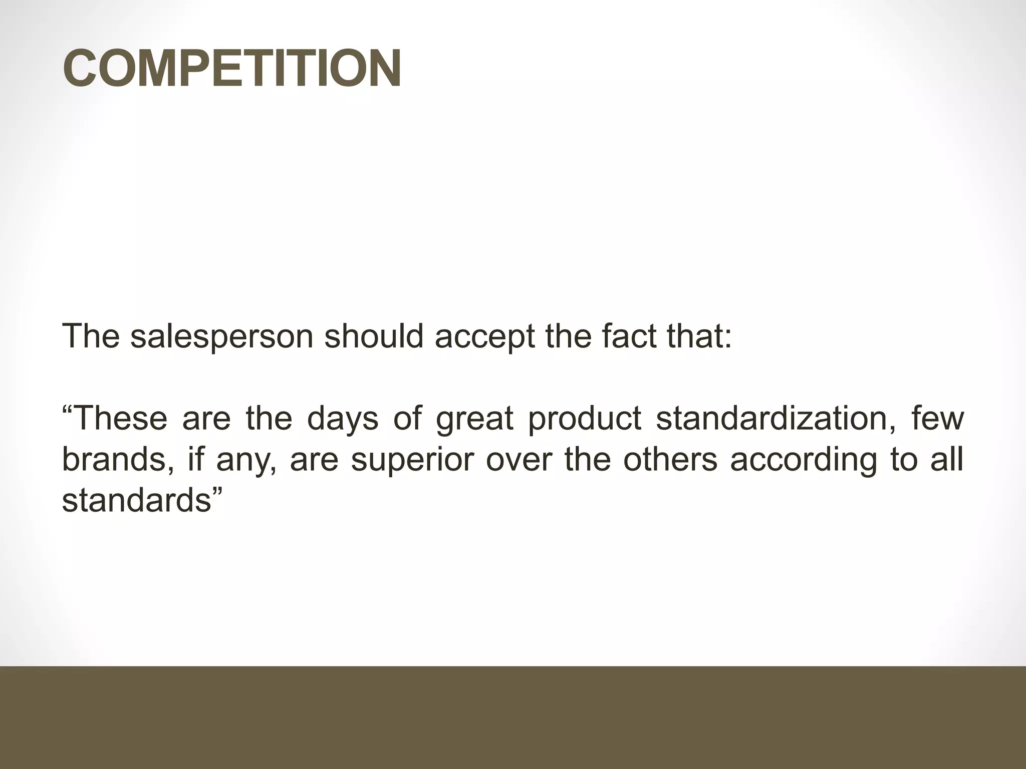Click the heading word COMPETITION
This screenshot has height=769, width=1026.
click(231, 69)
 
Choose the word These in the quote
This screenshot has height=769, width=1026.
click(120, 418)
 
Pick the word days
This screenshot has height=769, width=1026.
click(343, 418)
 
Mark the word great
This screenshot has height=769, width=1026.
click(474, 418)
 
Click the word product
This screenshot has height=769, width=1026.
click(585, 418)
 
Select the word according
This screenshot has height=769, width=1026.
click(803, 459)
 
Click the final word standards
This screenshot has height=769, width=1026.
click(136, 500)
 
